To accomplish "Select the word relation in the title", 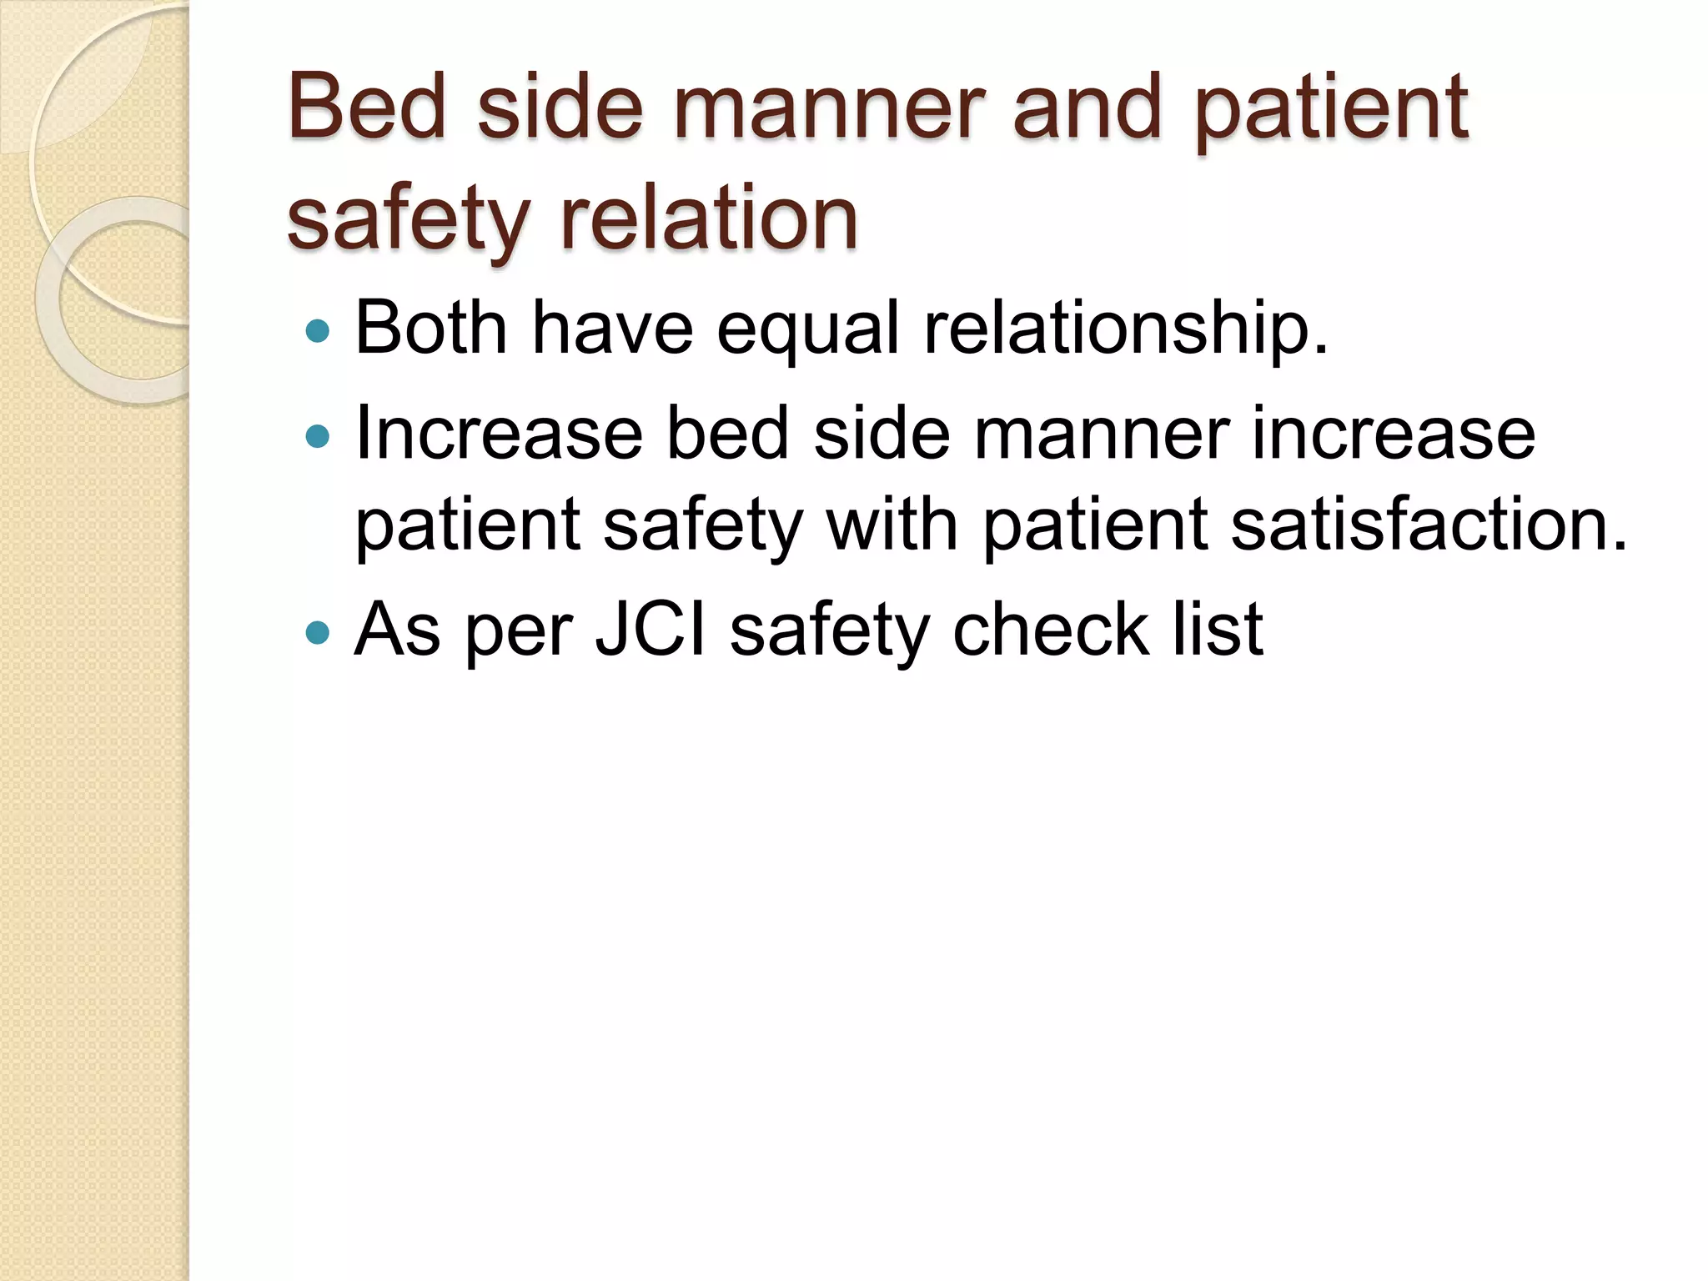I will (709, 219).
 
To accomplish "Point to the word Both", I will (430, 328).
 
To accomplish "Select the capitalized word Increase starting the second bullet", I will (499, 434).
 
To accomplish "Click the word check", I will (1050, 629).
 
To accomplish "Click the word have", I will (612, 328).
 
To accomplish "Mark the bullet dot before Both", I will (318, 332).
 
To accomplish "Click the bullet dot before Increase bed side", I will (318, 436).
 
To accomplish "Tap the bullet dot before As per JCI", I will (318, 632).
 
